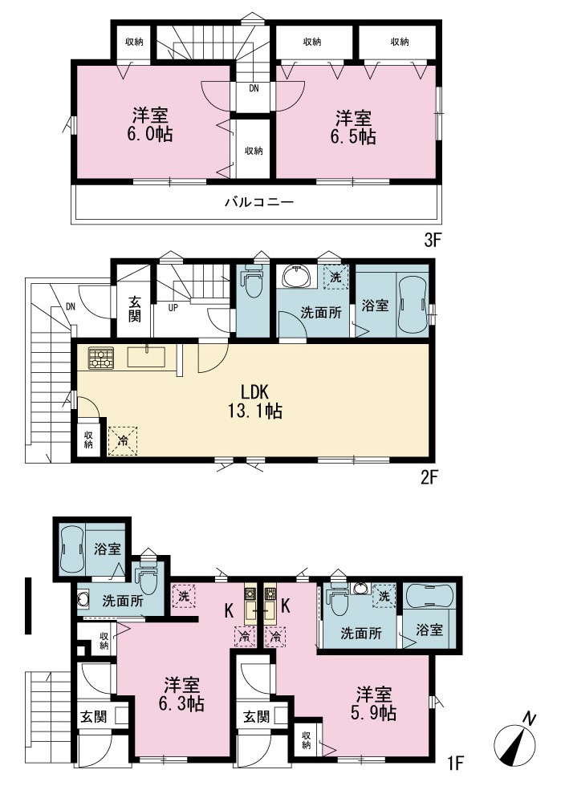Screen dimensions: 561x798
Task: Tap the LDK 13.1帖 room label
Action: coord(255,401)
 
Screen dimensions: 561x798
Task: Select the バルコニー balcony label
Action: coord(259,202)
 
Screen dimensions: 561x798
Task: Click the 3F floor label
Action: coord(432,240)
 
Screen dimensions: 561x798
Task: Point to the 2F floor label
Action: coord(429,478)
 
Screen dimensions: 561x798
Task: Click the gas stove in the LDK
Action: coord(100,358)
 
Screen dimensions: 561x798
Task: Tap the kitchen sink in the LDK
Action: coord(146,356)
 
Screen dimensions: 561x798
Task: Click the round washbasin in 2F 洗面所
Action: coord(295,277)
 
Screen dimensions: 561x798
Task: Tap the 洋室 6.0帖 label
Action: coord(151,124)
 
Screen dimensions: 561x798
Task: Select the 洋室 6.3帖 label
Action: coord(181,695)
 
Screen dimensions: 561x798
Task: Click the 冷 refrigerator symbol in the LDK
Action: coord(123,440)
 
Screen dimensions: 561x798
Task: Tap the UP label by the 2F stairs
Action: coord(173,307)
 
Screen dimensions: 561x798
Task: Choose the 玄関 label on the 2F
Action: coord(134,309)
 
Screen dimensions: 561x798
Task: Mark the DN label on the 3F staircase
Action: coord(254,88)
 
